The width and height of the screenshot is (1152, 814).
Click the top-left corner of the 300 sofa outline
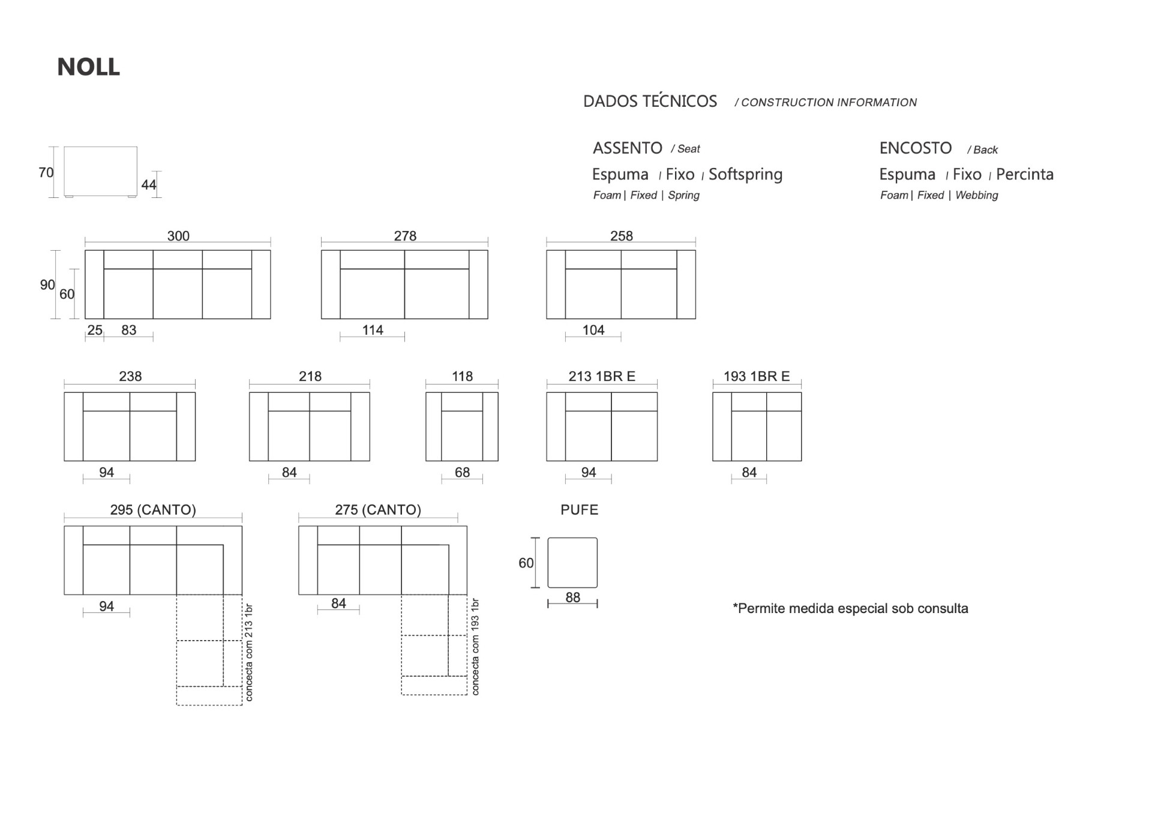coord(85,251)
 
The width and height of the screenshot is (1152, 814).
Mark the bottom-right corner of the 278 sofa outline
coord(488,319)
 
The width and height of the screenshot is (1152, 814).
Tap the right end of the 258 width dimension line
coord(695,242)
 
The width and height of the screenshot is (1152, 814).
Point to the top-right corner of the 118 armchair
coord(498,392)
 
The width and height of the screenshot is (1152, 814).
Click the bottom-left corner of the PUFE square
coord(548,587)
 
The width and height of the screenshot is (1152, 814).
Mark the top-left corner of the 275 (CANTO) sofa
coord(299,526)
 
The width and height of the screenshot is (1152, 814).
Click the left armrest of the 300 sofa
coord(95,284)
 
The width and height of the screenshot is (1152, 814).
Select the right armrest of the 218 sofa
coord(360,426)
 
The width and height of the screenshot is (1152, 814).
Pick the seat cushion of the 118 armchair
coord(462,436)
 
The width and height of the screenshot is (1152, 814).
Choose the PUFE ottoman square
coord(572,563)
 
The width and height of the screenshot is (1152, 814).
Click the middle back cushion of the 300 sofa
coord(178,260)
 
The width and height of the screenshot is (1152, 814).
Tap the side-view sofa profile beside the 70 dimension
coord(101,172)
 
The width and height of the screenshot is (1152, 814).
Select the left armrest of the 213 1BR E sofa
coord(556,426)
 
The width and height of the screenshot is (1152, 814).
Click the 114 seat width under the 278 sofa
coord(373,330)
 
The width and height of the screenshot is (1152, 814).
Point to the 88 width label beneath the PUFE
coord(573,597)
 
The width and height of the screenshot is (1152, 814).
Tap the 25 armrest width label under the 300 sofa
coord(95,330)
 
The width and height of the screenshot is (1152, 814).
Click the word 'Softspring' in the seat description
coord(746,175)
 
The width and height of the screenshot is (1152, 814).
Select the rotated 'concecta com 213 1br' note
coord(249,653)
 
